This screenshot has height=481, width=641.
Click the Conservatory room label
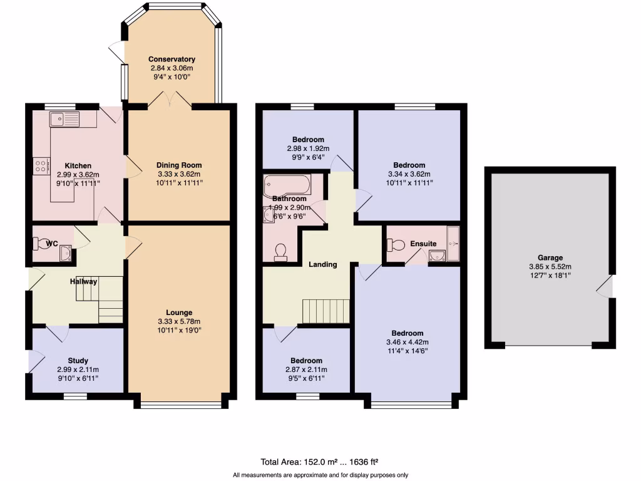pos(172,59)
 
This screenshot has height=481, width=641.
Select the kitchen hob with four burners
pos(41,167)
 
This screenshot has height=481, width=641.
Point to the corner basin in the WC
pos(65,254)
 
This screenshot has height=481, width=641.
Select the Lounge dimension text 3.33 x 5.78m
pos(179,321)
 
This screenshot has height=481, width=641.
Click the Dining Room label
pos(179,165)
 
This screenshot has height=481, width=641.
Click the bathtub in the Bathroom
pos(287,185)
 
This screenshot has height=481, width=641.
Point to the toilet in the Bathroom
pos(280,252)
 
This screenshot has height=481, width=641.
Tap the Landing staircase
pos(326,310)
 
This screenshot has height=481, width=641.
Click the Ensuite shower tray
pos(454,244)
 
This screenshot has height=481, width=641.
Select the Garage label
pos(550,257)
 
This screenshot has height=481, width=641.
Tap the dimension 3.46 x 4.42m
pos(408,342)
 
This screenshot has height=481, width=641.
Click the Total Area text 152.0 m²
pos(300,463)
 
